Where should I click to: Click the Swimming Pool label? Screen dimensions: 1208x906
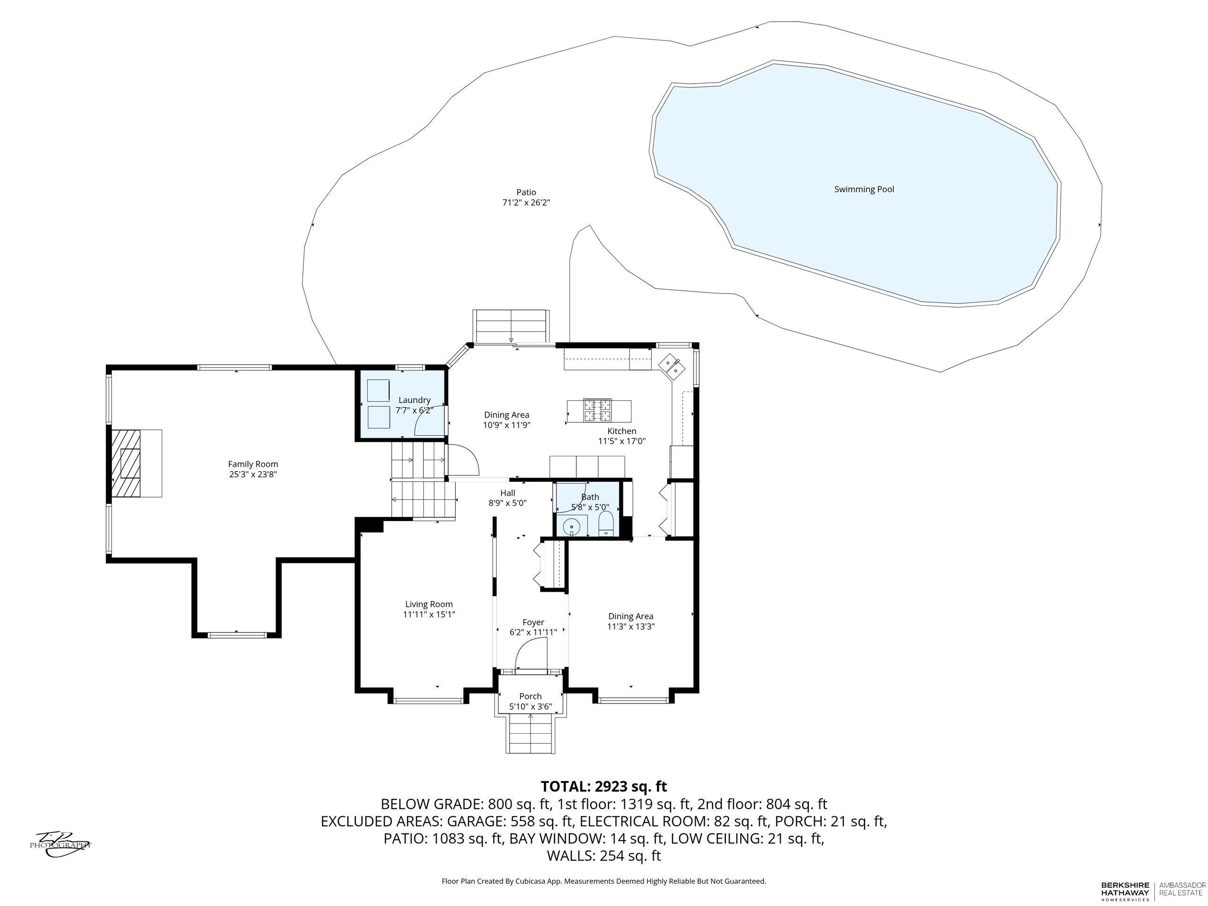point(864,190)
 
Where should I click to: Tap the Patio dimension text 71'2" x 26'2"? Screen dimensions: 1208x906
point(526,202)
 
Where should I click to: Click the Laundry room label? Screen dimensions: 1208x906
point(414,400)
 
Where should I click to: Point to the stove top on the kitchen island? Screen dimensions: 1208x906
point(597,410)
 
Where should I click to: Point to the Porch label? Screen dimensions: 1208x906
point(530,696)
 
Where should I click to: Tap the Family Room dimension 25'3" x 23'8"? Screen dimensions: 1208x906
point(253,475)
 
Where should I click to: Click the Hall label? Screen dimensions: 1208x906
point(507,493)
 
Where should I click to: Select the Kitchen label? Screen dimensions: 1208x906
point(621,431)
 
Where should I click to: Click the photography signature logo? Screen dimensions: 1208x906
point(60,844)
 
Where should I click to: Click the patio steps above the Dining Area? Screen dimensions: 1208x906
point(511,327)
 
